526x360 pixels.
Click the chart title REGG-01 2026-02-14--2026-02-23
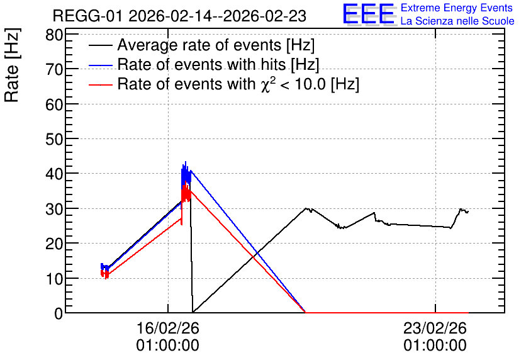click(179, 16)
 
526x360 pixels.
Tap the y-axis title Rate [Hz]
click(12, 65)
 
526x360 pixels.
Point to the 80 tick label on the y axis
click(54, 35)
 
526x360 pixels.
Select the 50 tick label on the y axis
click(54, 139)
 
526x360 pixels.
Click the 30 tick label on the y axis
click(54, 209)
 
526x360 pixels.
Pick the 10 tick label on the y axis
click(54, 278)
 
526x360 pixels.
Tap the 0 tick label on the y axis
click(59, 313)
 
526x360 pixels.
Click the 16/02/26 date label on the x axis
click(168, 328)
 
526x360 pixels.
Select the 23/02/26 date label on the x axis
click(435, 328)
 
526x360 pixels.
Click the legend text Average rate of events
click(199, 45)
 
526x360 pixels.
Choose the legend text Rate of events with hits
click(201, 64)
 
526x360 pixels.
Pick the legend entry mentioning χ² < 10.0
click(238, 84)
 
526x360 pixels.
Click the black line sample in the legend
click(100, 45)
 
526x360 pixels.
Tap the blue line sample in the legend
click(100, 65)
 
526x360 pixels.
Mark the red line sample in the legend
click(100, 84)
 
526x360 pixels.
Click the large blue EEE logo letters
click(369, 14)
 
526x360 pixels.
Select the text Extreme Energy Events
click(457, 8)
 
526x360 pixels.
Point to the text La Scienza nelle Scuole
click(457, 21)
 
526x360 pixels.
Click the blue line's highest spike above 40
click(186, 162)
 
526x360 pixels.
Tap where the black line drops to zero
click(193, 312)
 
